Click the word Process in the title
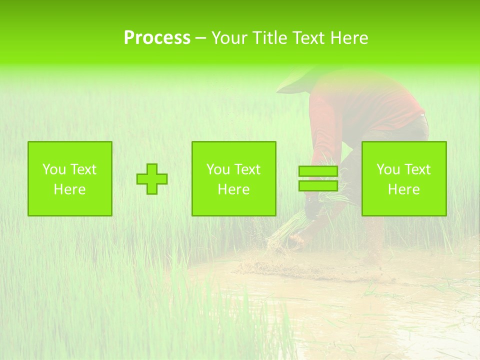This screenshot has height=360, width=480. [157, 38]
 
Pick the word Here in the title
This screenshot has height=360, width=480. [349, 38]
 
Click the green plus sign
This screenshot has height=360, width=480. [152, 179]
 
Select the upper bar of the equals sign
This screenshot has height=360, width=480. [318, 171]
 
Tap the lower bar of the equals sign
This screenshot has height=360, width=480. [318, 185]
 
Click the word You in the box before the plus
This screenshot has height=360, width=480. [54, 169]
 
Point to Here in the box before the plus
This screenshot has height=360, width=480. [69, 189]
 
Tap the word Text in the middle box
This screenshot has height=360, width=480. [247, 169]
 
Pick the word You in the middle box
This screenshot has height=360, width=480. [218, 169]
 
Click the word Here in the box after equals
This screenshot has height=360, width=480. [403, 189]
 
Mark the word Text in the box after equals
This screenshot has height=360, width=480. [417, 169]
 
